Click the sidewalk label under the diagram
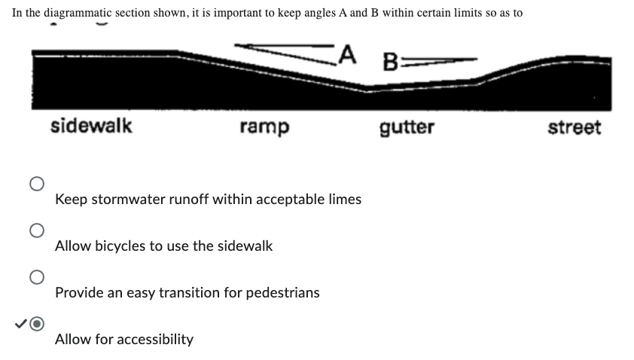91,125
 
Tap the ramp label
264,127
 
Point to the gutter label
407,128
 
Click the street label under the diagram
575,127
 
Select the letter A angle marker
347,55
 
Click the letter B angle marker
390,62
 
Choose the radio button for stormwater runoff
37,184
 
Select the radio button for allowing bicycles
37,230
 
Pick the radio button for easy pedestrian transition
37,277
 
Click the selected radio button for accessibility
37,324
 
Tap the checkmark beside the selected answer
20,324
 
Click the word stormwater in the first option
128,200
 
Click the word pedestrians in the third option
282,292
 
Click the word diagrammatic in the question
78,13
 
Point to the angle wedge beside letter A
285,53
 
